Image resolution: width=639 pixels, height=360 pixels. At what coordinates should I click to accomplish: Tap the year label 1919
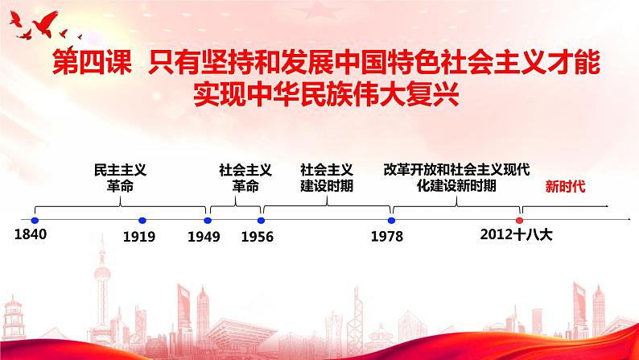(x=140, y=237)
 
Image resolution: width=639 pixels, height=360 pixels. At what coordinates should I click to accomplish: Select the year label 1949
(x=204, y=237)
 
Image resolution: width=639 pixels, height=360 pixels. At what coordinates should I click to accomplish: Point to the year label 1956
(x=258, y=237)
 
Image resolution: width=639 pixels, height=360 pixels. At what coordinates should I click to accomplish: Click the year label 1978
(x=387, y=237)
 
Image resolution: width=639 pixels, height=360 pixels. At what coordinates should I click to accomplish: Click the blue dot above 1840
(x=35, y=220)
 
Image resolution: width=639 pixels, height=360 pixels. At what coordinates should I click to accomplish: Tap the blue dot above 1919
(x=142, y=220)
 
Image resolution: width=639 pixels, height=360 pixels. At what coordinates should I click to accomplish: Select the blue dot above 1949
(x=208, y=220)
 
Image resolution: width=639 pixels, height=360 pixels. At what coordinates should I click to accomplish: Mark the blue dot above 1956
(x=261, y=220)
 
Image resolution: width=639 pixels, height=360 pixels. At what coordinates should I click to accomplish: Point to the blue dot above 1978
(x=391, y=220)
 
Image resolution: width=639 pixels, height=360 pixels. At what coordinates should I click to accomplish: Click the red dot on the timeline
(x=519, y=220)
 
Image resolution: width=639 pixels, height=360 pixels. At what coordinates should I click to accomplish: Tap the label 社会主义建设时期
(x=326, y=177)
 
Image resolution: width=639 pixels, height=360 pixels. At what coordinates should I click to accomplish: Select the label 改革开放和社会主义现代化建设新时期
(x=456, y=177)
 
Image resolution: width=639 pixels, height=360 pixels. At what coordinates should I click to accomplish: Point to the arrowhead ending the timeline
(x=627, y=220)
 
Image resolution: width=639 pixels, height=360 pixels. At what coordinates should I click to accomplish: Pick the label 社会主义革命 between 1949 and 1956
(x=245, y=177)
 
